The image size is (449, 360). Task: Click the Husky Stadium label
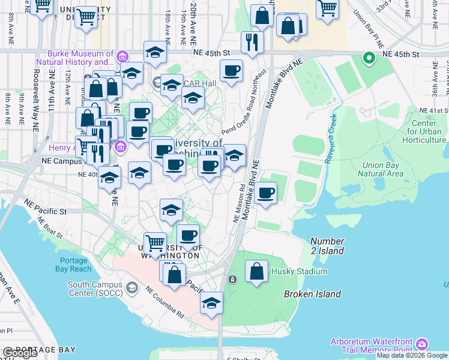click(300, 272)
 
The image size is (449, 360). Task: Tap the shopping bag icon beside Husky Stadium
click(257, 271)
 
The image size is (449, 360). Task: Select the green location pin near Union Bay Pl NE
click(368, 58)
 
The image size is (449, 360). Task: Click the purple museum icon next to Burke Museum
click(122, 57)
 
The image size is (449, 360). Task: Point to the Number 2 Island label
click(327, 246)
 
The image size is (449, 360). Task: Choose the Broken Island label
click(312, 294)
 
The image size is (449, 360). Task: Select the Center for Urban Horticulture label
click(425, 131)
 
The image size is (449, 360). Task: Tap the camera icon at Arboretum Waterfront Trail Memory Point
click(422, 344)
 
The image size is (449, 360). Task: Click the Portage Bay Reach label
click(76, 265)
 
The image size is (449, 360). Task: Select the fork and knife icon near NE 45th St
click(252, 41)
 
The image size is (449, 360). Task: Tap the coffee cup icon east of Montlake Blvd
click(265, 193)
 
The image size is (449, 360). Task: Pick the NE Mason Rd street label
click(238, 204)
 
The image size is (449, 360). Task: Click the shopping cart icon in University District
click(86, 17)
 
